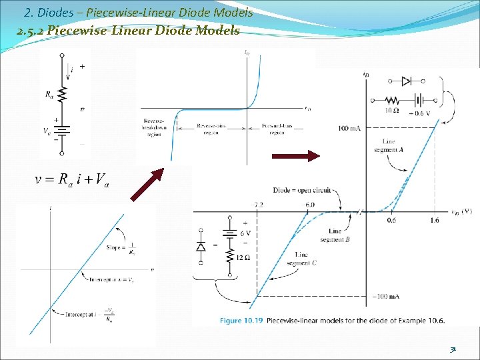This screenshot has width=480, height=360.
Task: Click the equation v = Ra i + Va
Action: (x=74, y=179)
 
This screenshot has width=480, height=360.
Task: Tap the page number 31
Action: (x=453, y=348)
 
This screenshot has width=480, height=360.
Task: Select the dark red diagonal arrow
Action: (x=147, y=184)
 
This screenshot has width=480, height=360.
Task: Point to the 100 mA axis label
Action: (x=349, y=128)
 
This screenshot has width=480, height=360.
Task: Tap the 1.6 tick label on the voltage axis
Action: (x=434, y=221)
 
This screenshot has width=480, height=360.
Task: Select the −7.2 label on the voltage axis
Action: (x=258, y=205)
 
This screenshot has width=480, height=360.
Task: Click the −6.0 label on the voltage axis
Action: (x=309, y=205)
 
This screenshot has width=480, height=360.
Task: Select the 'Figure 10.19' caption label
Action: (x=241, y=321)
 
